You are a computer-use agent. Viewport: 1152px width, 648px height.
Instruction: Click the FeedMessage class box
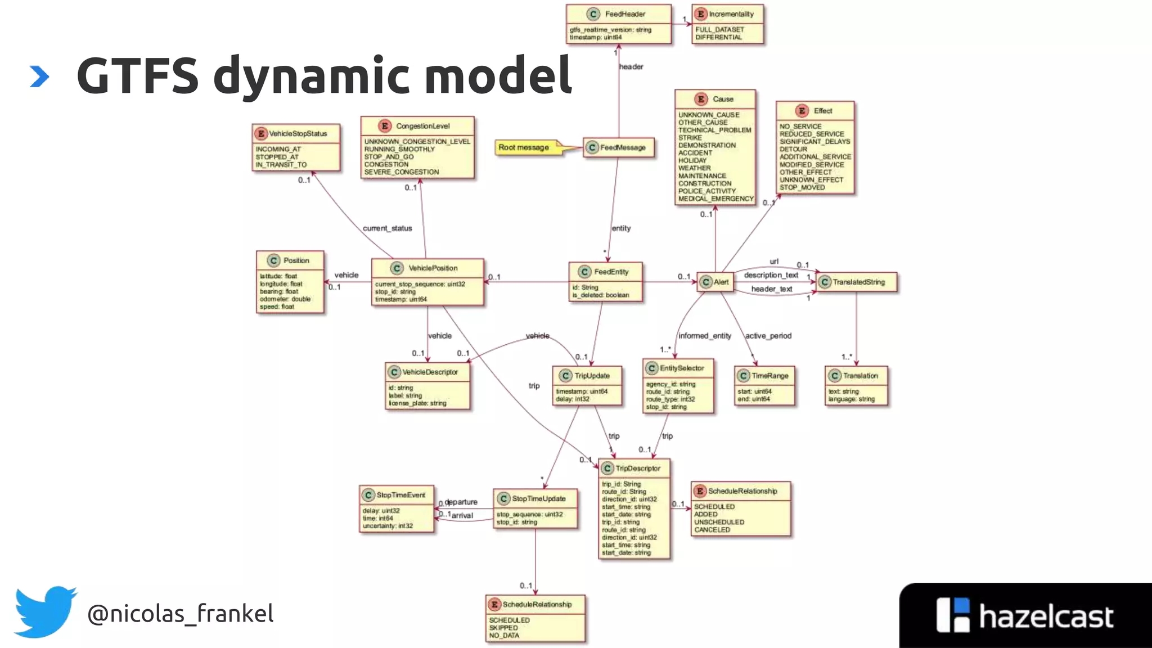pyautogui.click(x=619, y=147)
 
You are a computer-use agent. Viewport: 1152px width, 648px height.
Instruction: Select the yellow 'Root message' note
pyautogui.click(x=524, y=147)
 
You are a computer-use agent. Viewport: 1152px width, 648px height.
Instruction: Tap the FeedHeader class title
pyautogui.click(x=624, y=14)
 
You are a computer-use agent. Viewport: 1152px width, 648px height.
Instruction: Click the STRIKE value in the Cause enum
pyautogui.click(x=690, y=137)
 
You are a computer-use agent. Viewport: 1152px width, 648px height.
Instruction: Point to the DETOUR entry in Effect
pyautogui.click(x=793, y=149)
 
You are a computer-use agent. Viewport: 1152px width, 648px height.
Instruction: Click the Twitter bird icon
pyautogui.click(x=45, y=612)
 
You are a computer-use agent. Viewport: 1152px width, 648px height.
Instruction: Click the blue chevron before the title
pyautogui.click(x=39, y=76)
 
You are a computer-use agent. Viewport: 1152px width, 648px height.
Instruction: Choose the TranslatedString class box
pyautogui.click(x=857, y=282)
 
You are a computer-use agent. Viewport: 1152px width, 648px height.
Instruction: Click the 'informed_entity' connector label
pyautogui.click(x=704, y=336)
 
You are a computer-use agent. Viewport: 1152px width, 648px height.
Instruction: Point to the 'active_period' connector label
pyautogui.click(x=768, y=336)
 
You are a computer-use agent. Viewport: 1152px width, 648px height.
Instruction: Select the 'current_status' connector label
pyautogui.click(x=387, y=228)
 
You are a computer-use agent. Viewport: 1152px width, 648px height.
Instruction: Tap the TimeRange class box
pyautogui.click(x=764, y=385)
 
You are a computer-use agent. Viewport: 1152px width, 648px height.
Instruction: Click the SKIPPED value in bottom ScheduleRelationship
pyautogui.click(x=503, y=628)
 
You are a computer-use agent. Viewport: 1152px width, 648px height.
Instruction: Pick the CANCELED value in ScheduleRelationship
pyautogui.click(x=712, y=530)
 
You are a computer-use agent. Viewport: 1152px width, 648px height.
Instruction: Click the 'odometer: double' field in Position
pyautogui.click(x=285, y=299)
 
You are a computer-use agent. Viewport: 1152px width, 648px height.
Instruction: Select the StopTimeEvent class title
pyautogui.click(x=400, y=495)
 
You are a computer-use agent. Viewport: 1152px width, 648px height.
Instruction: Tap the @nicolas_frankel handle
pyautogui.click(x=180, y=613)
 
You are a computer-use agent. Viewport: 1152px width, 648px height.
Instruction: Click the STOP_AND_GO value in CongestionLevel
pyautogui.click(x=389, y=157)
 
